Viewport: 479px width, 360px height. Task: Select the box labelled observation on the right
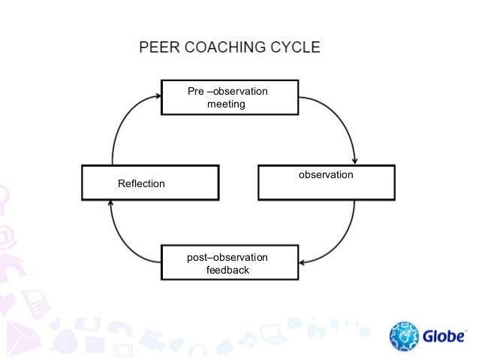click(x=326, y=183)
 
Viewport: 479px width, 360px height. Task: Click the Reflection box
click(x=150, y=183)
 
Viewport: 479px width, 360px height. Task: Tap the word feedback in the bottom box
click(x=227, y=270)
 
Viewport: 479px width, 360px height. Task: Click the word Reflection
click(x=141, y=183)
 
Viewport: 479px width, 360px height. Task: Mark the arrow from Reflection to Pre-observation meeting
click(x=120, y=124)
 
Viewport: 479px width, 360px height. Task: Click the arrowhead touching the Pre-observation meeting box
click(x=157, y=95)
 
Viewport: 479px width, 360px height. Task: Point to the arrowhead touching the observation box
click(x=354, y=161)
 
